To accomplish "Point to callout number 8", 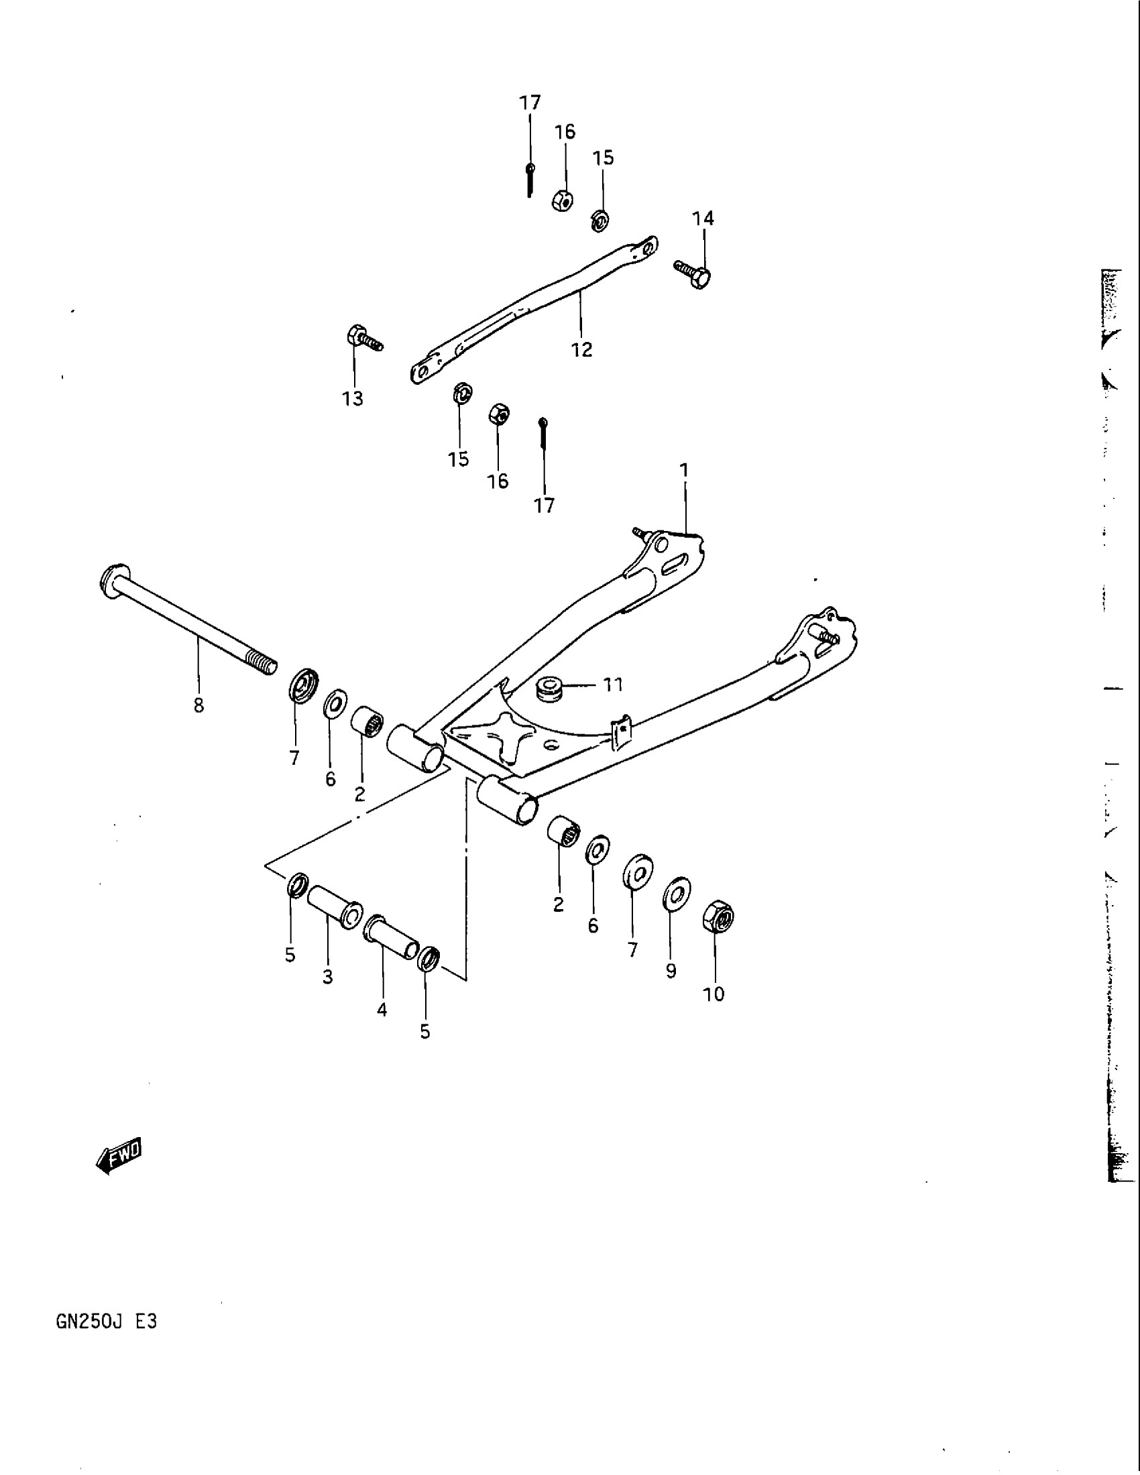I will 198,707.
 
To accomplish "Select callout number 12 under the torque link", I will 581,350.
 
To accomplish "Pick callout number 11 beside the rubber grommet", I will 612,685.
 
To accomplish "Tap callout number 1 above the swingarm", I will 684,469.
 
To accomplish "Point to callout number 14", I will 703,219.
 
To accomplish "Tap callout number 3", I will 327,978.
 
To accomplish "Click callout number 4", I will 382,1010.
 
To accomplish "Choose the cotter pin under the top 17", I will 530,179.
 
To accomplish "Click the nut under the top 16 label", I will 563,200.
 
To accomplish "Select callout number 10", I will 714,994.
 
